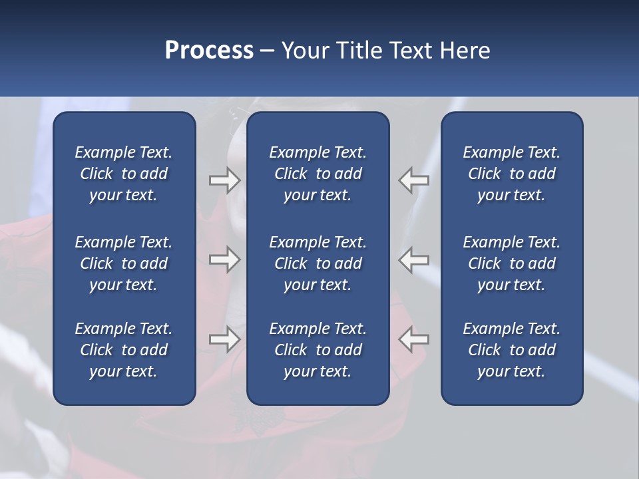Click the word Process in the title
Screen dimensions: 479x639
[x=209, y=51]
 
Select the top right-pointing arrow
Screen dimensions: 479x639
[x=224, y=180]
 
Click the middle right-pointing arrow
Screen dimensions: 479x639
[x=224, y=259]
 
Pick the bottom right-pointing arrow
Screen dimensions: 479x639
[x=224, y=339]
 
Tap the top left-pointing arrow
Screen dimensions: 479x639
[x=413, y=180]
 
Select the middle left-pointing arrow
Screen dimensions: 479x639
[x=413, y=259]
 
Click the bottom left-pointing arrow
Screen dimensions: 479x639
[x=413, y=339]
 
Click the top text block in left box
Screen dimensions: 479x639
[x=124, y=174]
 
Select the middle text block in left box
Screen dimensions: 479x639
[x=124, y=263]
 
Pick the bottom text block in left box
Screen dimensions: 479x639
[x=124, y=350]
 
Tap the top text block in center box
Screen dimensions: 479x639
[x=318, y=174]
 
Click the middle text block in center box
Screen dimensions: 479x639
[x=318, y=263]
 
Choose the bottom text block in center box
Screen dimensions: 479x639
[x=318, y=350]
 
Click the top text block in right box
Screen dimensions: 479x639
[x=511, y=174]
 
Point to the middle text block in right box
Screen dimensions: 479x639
[x=511, y=263]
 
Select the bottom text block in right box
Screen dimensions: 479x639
[x=511, y=350]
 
